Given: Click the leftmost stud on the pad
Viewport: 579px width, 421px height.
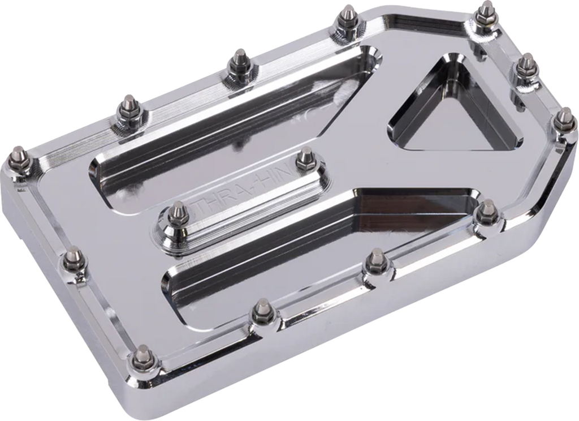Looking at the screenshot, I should (18, 157).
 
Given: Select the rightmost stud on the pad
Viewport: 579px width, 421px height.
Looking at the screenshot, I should (563, 121).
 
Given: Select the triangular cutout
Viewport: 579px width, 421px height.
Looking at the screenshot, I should (452, 108).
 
